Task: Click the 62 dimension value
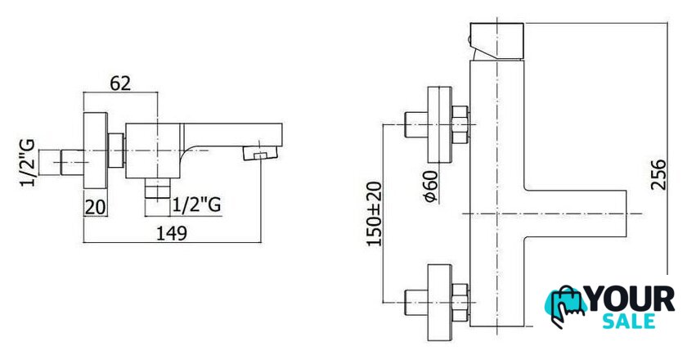click(x=120, y=83)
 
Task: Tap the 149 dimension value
click(x=172, y=233)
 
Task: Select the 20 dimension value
click(x=95, y=207)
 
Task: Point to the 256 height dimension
click(x=658, y=174)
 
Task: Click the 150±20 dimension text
click(x=375, y=214)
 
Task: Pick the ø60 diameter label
click(x=431, y=186)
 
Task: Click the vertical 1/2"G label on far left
click(x=28, y=163)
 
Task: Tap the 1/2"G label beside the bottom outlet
click(x=196, y=205)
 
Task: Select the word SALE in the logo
click(x=629, y=321)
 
